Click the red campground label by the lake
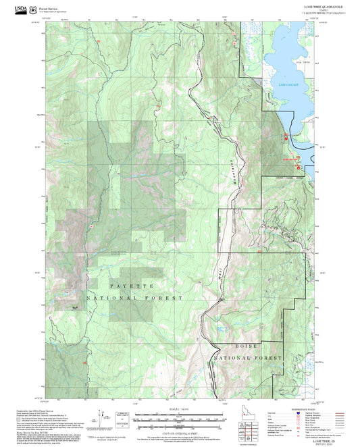pos(289,159)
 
